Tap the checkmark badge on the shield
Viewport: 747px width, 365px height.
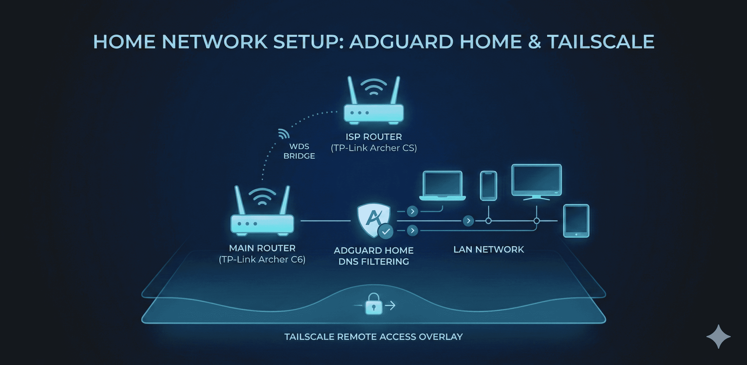[386, 231]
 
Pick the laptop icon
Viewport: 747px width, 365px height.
[443, 185]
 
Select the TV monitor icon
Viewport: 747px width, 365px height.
[536, 181]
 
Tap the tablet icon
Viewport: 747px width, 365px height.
[576, 221]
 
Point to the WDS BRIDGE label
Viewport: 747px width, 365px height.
[299, 151]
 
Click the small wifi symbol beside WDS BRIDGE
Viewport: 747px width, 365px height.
[283, 134]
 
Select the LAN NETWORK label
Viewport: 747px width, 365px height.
[489, 249]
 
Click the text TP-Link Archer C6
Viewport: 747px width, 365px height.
[262, 260]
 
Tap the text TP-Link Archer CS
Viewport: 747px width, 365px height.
[373, 148]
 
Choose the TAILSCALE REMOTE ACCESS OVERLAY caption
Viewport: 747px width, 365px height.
[373, 337]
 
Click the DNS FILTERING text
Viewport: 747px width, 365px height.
[373, 262]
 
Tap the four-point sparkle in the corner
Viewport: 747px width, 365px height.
[718, 336]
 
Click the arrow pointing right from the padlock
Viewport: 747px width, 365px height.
[392, 305]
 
